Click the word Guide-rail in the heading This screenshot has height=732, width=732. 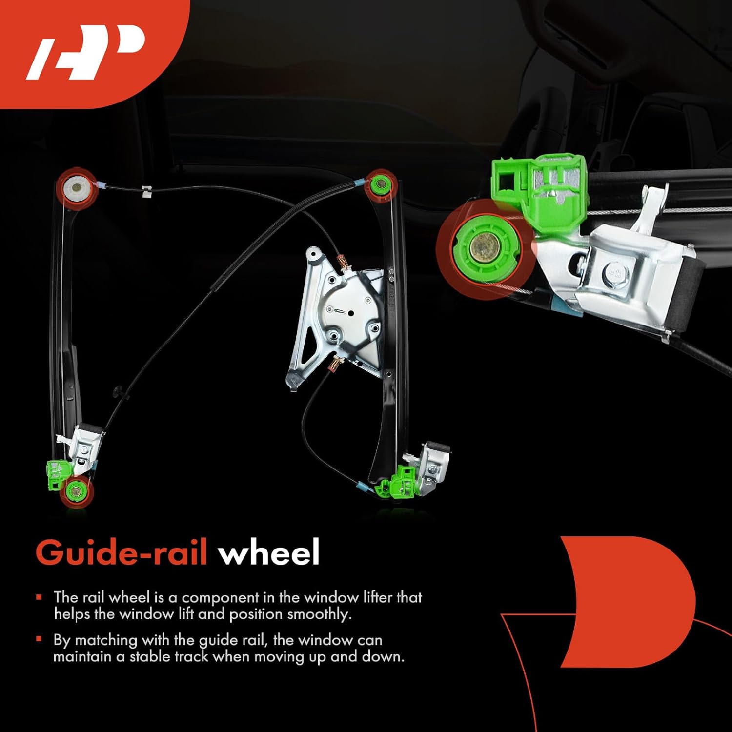click(x=122, y=552)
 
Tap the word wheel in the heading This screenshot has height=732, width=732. click(x=268, y=552)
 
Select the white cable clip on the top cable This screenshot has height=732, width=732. click(x=146, y=191)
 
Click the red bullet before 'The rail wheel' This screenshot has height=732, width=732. click(x=39, y=597)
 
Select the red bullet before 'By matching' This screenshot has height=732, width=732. click(x=39, y=639)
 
